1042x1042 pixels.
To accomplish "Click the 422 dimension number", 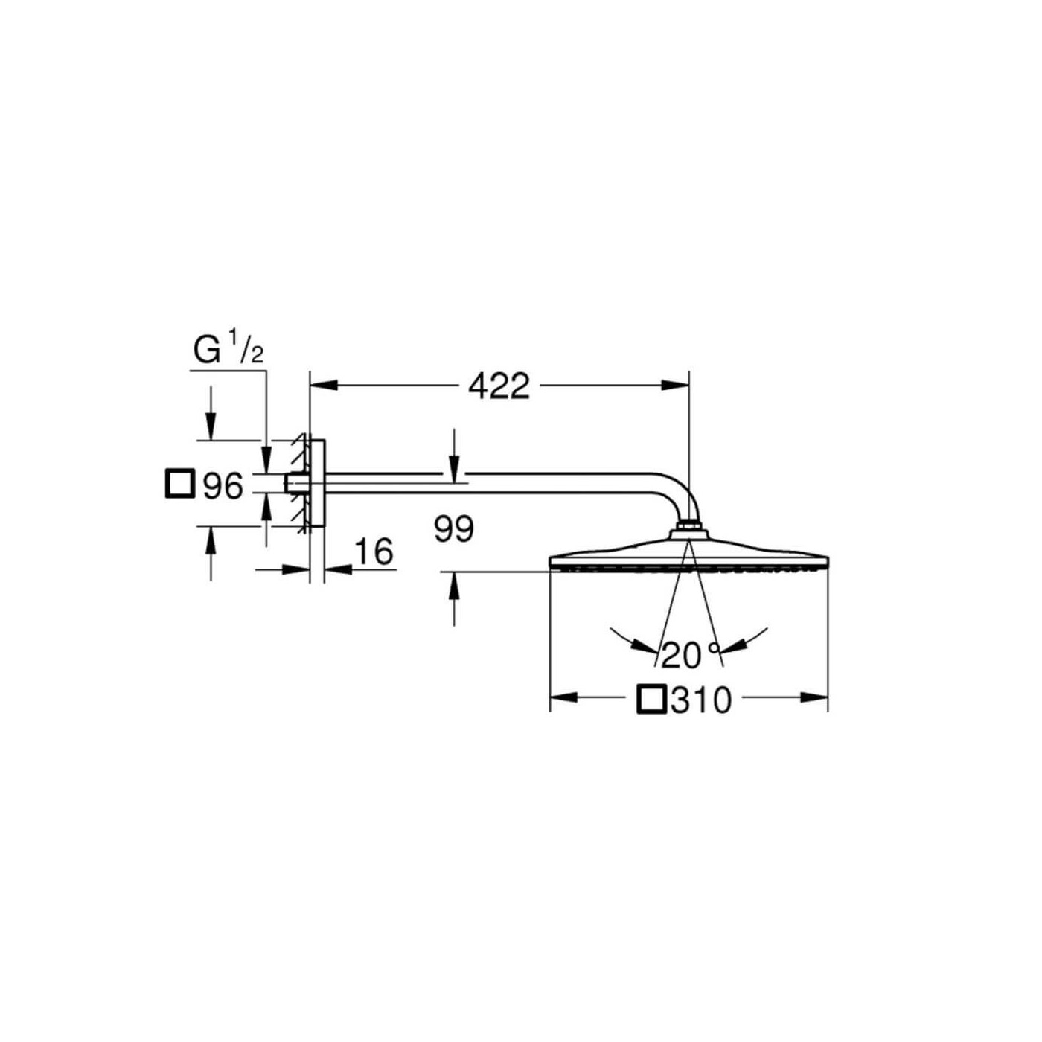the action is tap(499, 386).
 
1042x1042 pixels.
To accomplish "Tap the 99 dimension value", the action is tap(454, 529).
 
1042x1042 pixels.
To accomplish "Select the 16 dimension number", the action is tap(374, 552).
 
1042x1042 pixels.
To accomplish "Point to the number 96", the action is tap(223, 486).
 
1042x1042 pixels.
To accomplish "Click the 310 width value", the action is tap(701, 701).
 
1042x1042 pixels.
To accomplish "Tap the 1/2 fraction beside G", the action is tap(246, 347).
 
